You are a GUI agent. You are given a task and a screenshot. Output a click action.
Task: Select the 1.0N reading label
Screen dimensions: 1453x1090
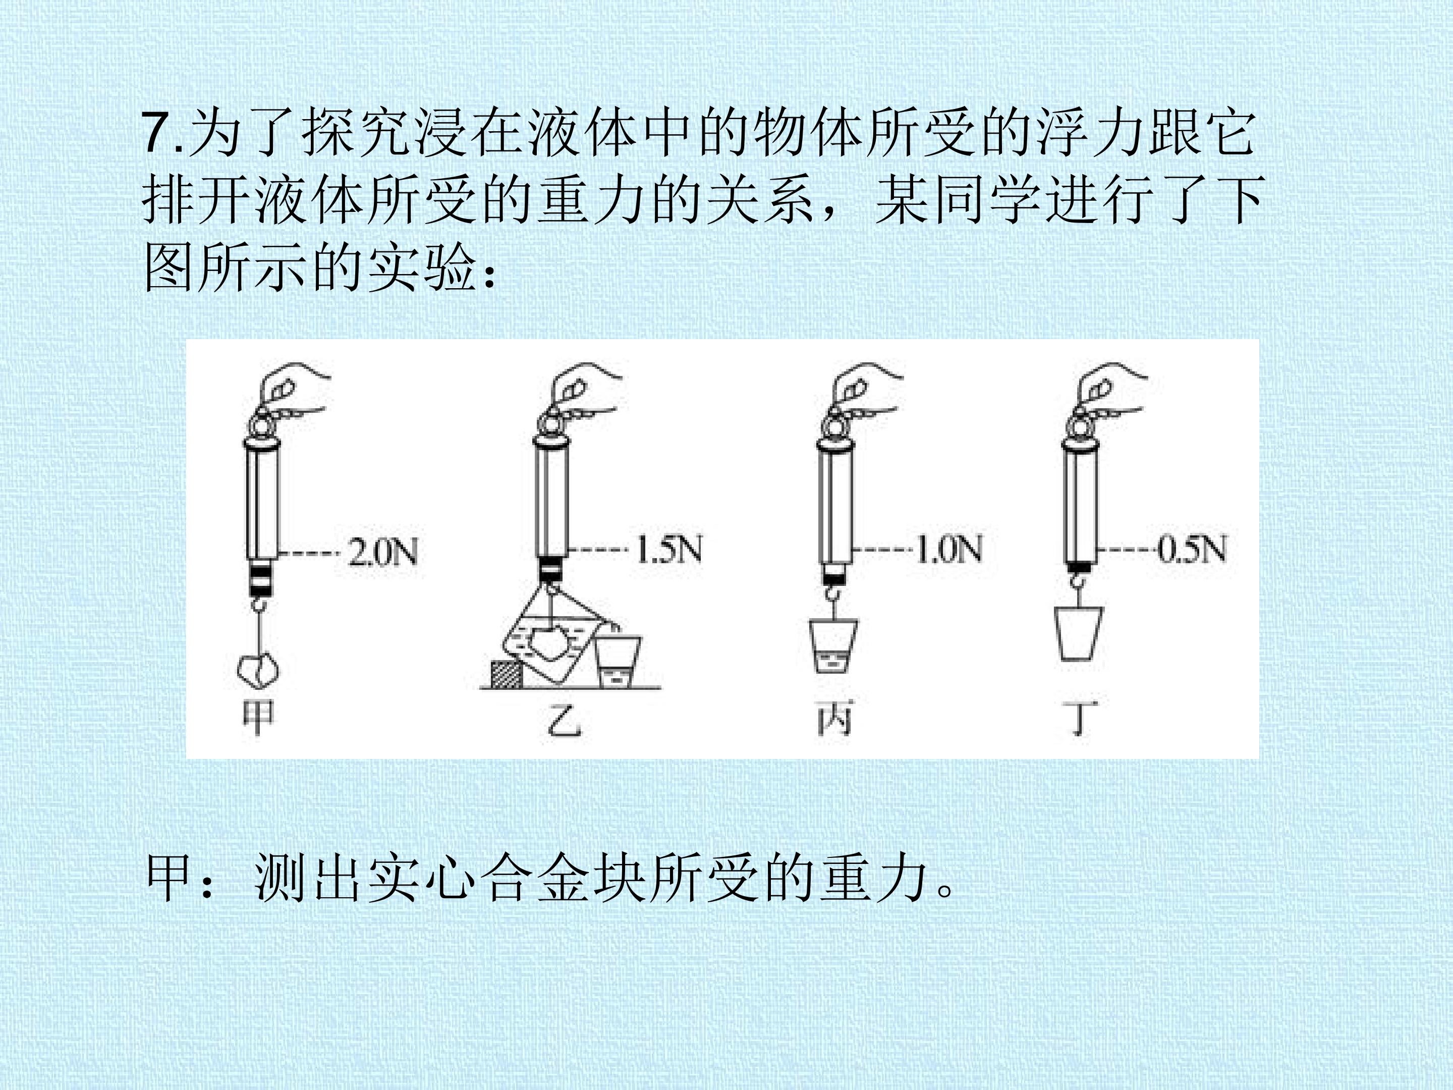(948, 549)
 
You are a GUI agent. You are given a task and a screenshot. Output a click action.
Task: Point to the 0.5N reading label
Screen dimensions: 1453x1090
(1192, 549)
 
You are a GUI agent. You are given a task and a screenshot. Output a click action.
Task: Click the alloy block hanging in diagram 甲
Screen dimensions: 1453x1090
(257, 670)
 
